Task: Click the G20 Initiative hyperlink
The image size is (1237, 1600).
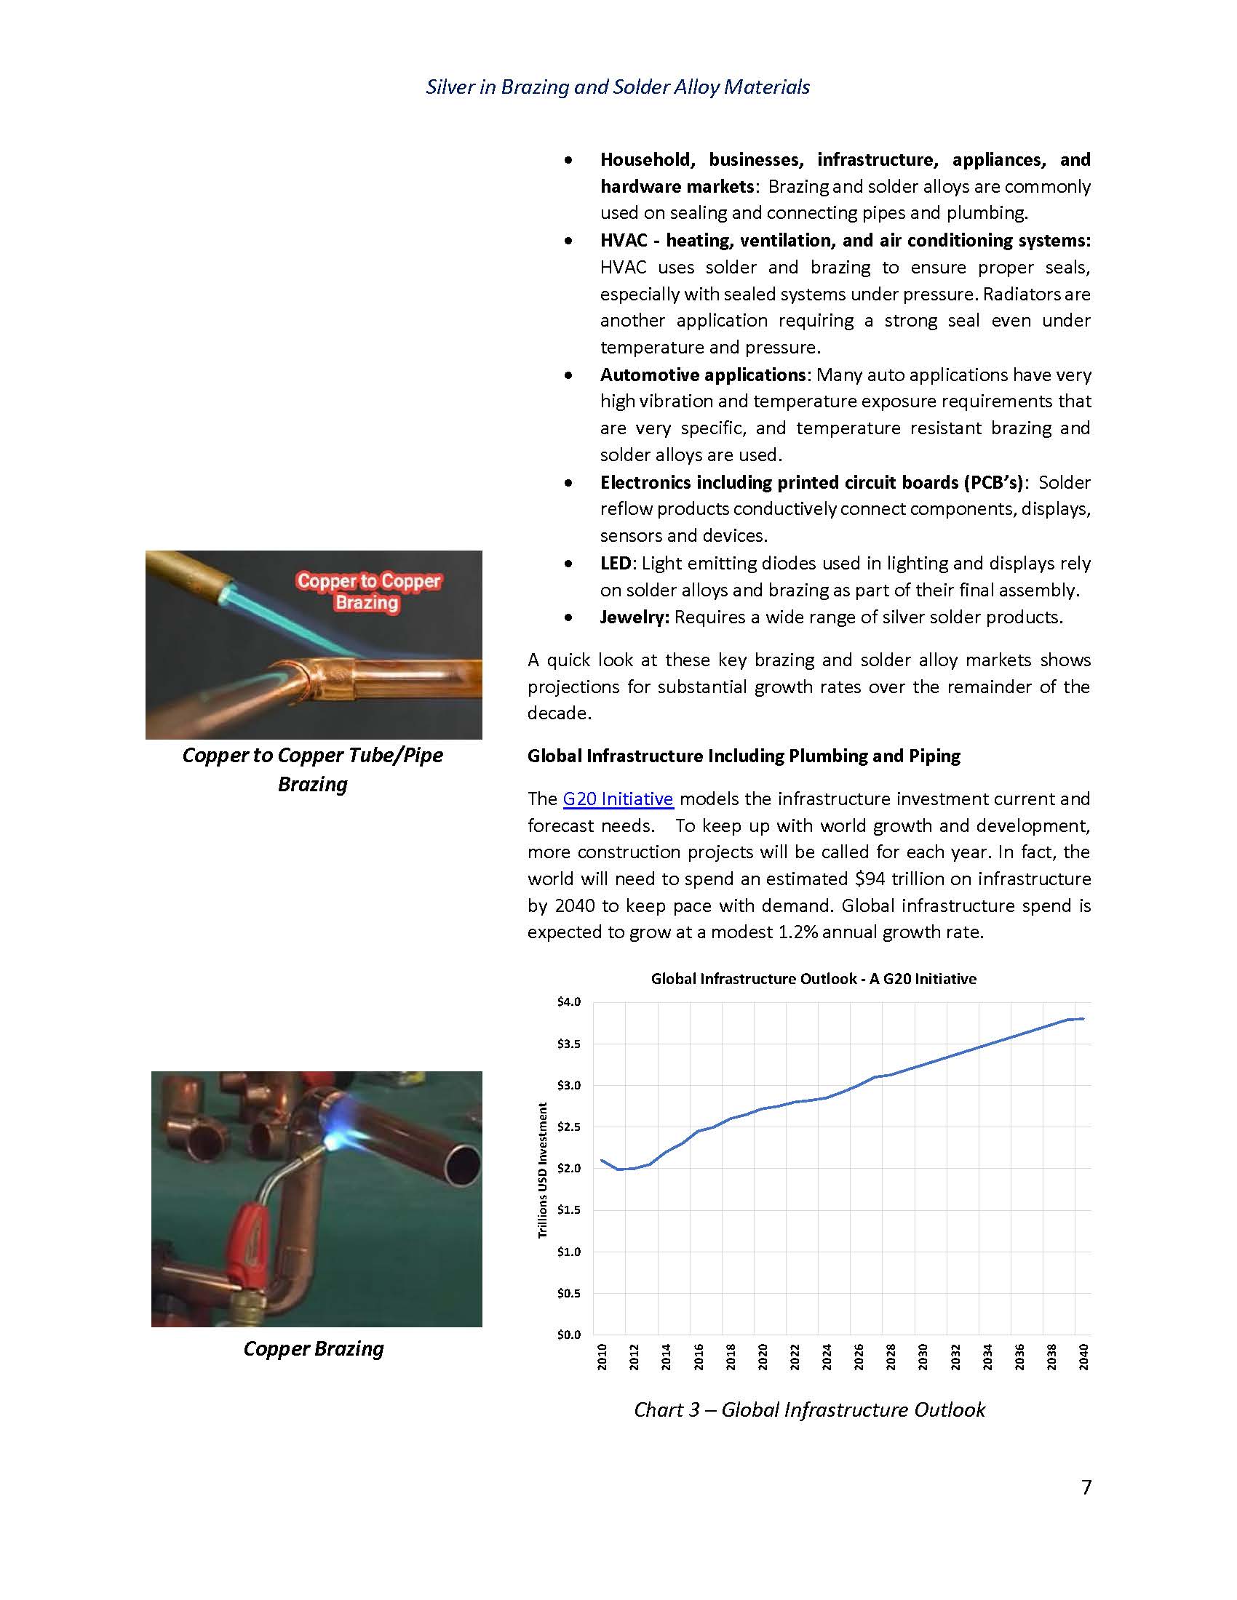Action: (x=618, y=799)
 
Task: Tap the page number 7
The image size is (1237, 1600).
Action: (x=1086, y=1487)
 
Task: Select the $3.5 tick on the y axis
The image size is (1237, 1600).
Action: (x=569, y=1043)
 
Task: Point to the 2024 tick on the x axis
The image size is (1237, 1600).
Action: (x=827, y=1357)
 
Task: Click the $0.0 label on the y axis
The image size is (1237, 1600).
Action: (x=569, y=1334)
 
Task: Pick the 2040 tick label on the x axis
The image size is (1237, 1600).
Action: (x=1084, y=1357)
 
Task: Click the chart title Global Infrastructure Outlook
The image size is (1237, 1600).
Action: (x=814, y=978)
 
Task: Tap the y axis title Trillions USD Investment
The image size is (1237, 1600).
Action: (x=543, y=1170)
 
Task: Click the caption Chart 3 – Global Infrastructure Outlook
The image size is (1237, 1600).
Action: (x=809, y=1409)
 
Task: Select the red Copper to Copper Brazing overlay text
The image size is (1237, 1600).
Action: (x=368, y=591)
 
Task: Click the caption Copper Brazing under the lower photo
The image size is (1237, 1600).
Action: (x=313, y=1348)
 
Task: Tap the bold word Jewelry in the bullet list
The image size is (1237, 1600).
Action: (x=634, y=617)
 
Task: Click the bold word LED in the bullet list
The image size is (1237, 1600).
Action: (x=615, y=563)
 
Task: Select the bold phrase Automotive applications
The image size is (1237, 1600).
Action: (x=703, y=375)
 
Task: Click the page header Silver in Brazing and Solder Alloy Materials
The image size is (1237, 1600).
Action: (x=618, y=87)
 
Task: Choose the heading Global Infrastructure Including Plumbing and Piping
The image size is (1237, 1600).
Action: (x=744, y=756)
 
